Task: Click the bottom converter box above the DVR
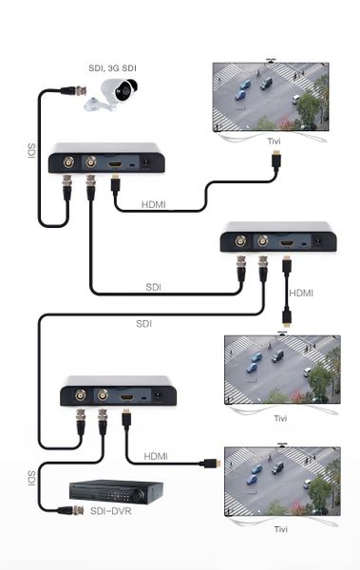click(x=119, y=390)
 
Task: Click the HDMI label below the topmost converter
click(x=156, y=204)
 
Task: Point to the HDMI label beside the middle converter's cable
click(x=300, y=293)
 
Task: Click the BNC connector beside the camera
click(x=69, y=92)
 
